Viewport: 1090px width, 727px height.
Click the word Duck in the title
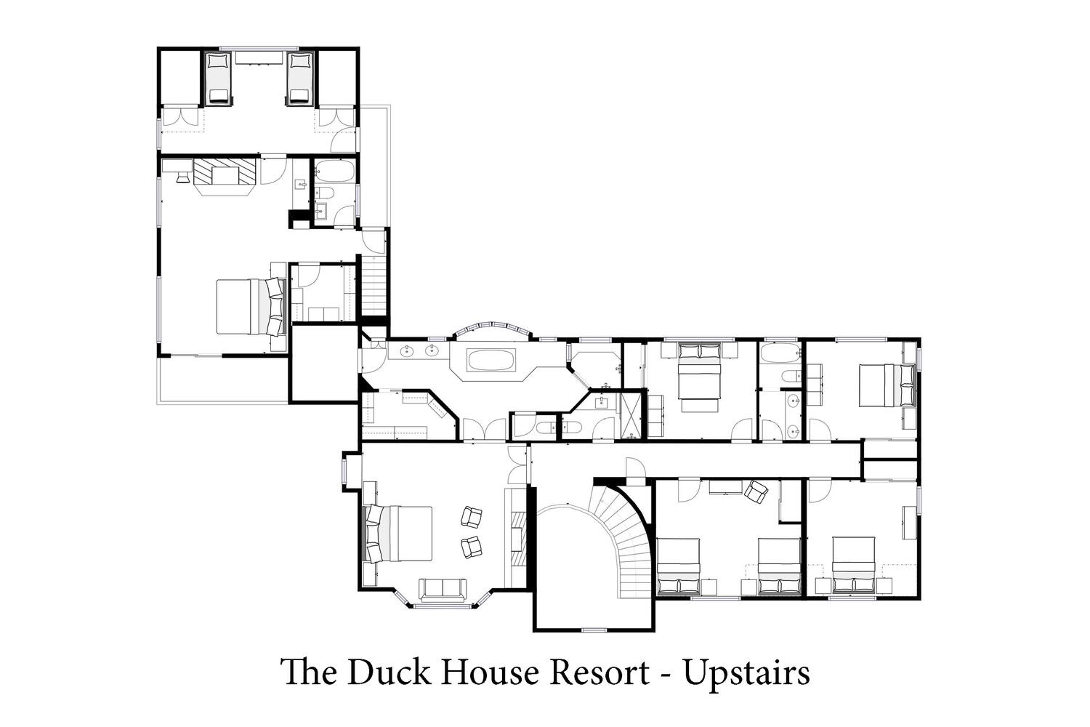click(389, 672)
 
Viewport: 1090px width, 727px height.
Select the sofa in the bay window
click(443, 590)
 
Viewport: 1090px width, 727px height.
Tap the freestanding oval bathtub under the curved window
click(491, 360)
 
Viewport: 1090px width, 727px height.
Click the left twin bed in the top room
click(219, 78)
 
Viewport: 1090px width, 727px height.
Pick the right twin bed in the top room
click(300, 78)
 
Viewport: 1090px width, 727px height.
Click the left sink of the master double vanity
click(408, 350)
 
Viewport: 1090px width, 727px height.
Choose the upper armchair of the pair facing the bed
click(471, 516)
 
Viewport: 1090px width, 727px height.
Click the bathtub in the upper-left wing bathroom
click(336, 171)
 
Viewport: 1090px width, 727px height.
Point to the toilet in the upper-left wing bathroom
click(323, 194)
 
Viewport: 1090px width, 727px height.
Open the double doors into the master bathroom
click(484, 430)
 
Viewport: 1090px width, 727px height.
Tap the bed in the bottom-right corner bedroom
click(854, 565)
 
